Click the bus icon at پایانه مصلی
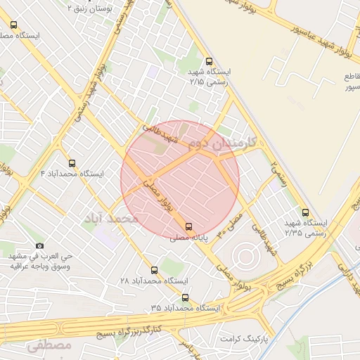coord(188,226)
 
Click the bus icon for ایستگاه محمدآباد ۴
coord(72,162)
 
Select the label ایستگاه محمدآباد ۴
coord(72,173)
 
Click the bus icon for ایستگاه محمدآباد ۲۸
coord(155,270)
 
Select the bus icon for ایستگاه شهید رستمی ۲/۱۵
coord(208,61)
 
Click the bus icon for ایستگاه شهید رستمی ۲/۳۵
coord(304,212)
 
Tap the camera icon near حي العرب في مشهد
coord(39,245)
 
